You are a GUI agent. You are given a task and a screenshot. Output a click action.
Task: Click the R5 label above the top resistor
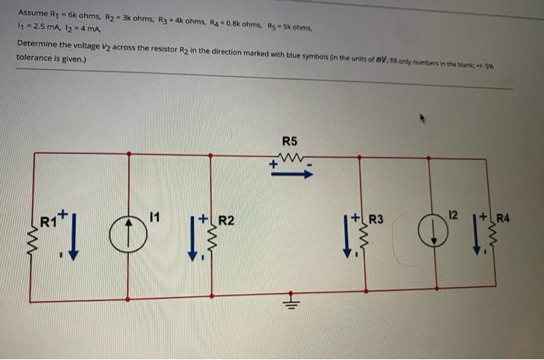tap(289, 141)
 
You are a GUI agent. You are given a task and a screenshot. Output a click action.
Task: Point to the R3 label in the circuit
tap(375, 218)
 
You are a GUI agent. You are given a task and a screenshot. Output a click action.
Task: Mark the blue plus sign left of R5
tap(273, 164)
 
